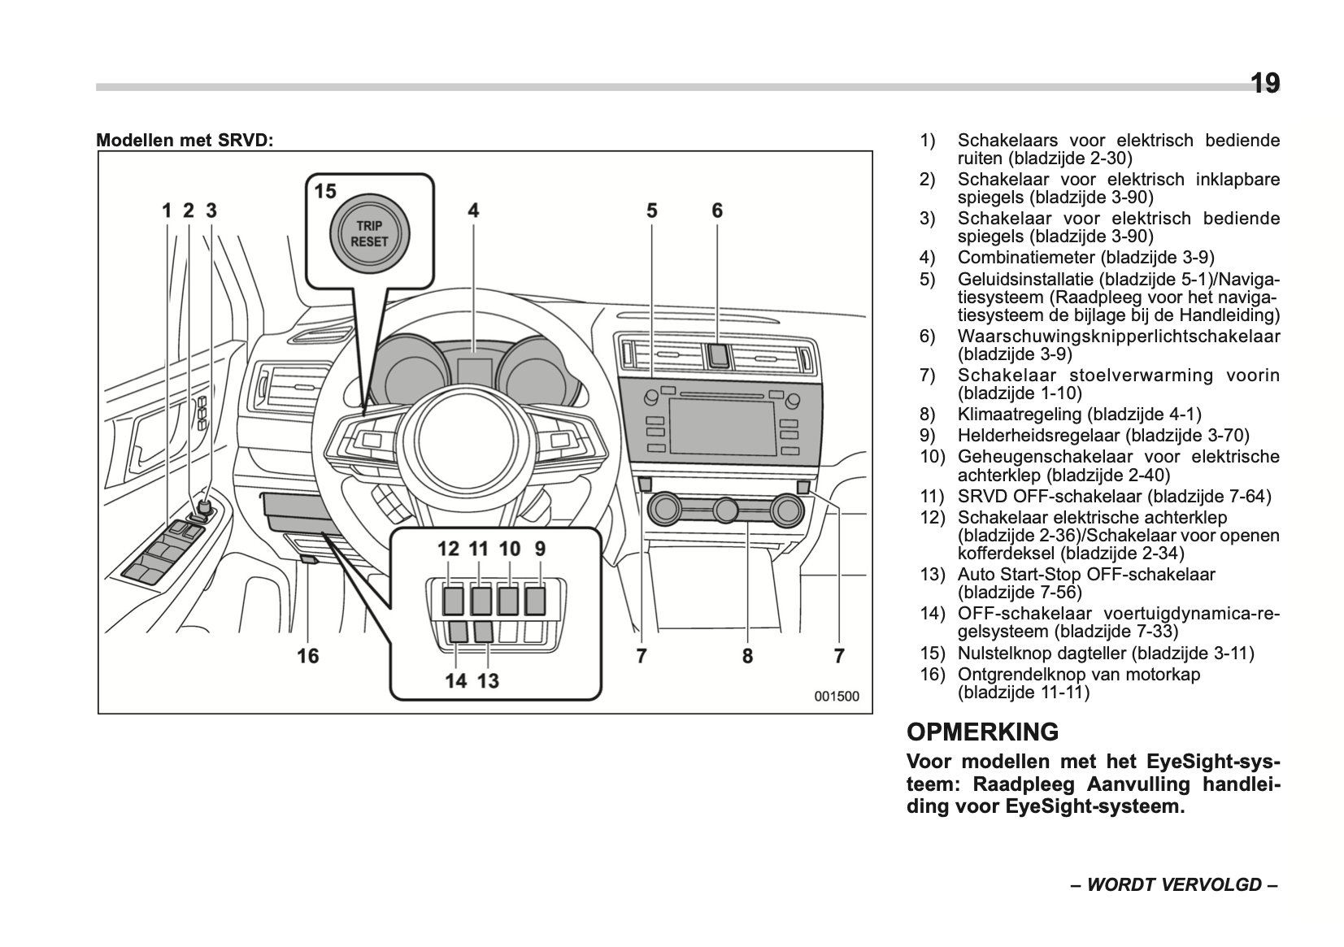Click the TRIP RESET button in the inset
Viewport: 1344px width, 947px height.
369,234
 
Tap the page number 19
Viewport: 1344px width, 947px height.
1264,83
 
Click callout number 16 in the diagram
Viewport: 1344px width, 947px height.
308,655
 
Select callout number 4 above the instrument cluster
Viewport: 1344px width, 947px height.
473,211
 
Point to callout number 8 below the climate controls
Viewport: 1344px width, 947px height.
747,655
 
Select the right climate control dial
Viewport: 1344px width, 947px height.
786,510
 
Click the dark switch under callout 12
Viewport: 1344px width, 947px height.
453,601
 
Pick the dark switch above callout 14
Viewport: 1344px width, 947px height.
458,632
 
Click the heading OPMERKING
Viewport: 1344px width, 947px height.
982,732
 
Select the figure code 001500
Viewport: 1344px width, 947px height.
837,697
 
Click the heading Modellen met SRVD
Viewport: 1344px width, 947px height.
185,140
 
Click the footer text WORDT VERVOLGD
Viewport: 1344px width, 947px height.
1174,884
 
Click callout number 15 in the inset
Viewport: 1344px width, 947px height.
325,192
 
